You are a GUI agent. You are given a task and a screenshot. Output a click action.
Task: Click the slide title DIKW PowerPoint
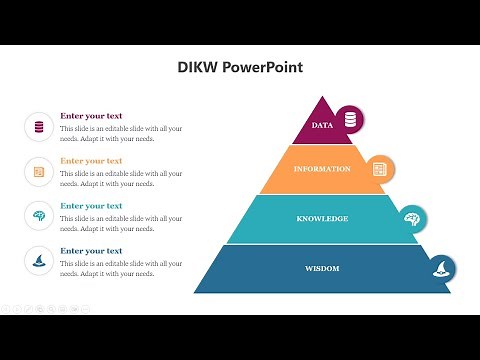(x=240, y=68)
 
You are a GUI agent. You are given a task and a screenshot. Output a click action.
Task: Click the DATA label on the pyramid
(x=322, y=126)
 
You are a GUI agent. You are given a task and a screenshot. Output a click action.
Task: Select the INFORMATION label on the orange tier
(x=322, y=169)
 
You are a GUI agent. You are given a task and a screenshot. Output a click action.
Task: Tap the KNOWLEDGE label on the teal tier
(x=322, y=218)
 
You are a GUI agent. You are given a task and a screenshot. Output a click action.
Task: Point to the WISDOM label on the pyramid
(x=322, y=268)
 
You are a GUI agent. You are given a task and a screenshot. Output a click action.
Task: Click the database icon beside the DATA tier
(x=350, y=120)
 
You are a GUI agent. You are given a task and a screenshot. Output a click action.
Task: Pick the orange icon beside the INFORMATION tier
(x=379, y=169)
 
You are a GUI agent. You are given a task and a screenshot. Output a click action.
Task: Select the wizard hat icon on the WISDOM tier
(x=441, y=269)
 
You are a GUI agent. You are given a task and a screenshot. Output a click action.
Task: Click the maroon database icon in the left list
(x=39, y=127)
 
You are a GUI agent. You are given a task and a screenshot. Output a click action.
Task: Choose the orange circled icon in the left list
(x=39, y=172)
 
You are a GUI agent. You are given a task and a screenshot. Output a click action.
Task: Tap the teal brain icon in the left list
(x=39, y=216)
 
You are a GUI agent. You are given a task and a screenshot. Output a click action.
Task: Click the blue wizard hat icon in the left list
(x=39, y=261)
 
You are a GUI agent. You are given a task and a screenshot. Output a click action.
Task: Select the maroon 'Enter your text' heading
(x=91, y=116)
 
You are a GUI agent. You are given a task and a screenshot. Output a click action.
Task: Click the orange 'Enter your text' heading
(x=91, y=161)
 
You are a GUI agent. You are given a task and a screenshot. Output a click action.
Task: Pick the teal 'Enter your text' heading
(x=91, y=206)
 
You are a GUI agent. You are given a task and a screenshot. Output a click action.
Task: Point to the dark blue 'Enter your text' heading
(x=91, y=251)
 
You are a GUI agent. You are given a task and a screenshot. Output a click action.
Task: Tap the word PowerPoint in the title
(x=262, y=68)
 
